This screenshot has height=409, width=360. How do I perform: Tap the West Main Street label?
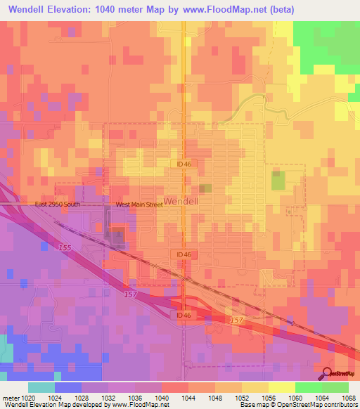139,204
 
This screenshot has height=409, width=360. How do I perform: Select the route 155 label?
65,248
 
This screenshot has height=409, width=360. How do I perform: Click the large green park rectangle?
278,180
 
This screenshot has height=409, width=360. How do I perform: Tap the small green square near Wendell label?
206,188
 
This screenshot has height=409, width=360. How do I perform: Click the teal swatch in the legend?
41,387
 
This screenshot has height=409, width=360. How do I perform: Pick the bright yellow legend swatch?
281,387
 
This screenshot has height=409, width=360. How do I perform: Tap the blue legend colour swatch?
68,387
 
